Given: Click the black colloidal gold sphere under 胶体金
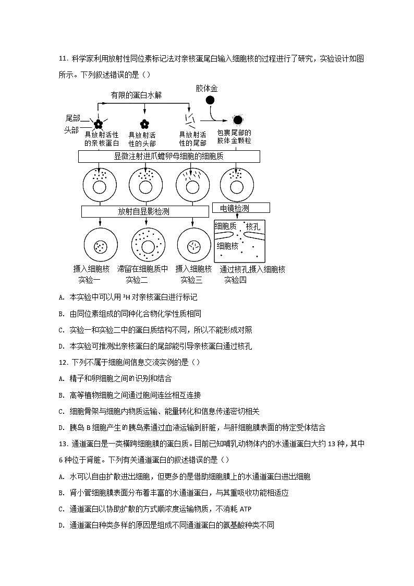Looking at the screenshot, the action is (x=210, y=101).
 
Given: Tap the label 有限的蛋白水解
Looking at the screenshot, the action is (x=136, y=95).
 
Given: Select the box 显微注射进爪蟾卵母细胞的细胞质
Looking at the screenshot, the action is (x=169, y=156).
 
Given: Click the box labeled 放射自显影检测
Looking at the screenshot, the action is (x=144, y=211).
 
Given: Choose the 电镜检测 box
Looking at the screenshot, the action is (x=241, y=208).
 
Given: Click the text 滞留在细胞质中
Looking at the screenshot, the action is (x=143, y=269).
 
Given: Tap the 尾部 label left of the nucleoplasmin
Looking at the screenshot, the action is (x=72, y=119).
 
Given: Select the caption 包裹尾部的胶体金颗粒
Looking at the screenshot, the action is (x=234, y=137).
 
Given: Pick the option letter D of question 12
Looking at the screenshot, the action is (x=61, y=427).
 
